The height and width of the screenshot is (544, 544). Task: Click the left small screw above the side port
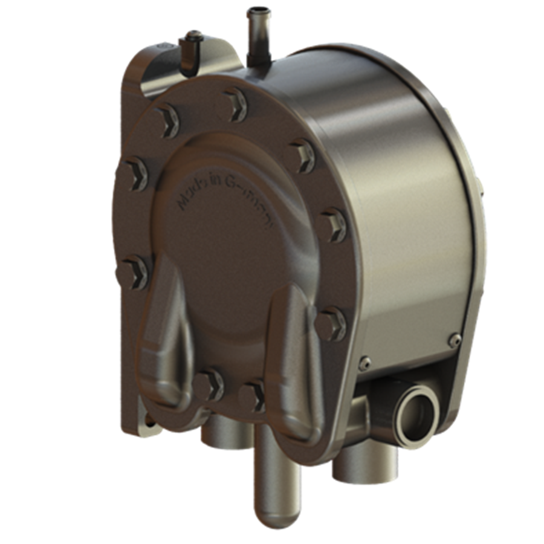point(364,363)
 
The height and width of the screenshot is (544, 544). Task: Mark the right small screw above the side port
point(454,340)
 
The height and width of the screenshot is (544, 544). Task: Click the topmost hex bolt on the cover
point(236,104)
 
